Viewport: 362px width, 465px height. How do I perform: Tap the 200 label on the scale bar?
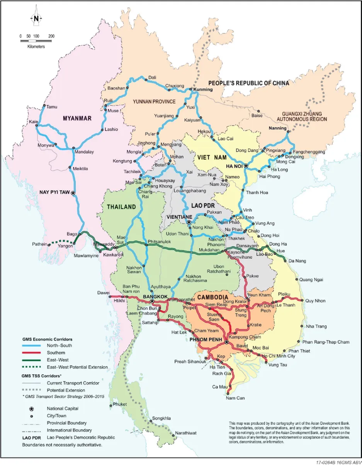click(x=51, y=36)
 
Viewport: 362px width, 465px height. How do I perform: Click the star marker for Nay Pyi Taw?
click(x=73, y=192)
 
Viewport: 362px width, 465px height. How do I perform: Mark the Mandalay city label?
click(x=84, y=152)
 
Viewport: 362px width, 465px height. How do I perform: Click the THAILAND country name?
click(x=122, y=207)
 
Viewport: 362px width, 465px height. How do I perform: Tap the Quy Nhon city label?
click(x=314, y=300)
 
